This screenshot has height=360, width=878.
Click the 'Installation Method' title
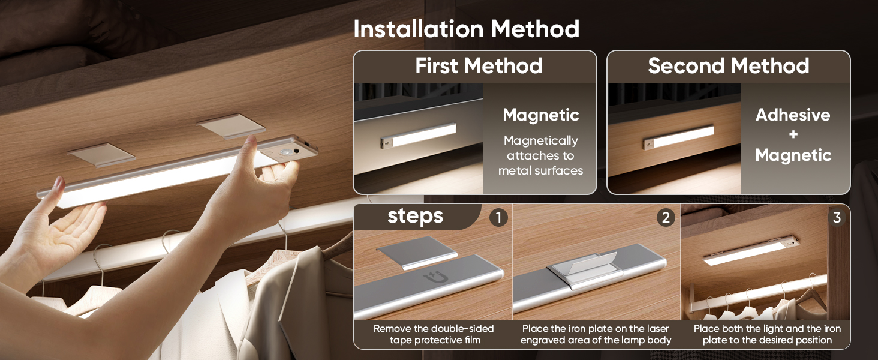pos(466,29)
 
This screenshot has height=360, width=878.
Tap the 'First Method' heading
pos(479,65)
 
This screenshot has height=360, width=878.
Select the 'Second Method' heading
pos(728,65)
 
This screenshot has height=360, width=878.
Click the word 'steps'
pos(415,217)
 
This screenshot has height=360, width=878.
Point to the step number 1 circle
pos(498,217)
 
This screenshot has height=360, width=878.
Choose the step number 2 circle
pos(666,217)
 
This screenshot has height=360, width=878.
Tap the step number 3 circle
pos(837,217)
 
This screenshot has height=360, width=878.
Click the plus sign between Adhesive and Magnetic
pos(793,134)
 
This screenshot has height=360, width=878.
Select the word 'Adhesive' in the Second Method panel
pos(793,115)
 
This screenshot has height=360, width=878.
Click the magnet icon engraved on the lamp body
pos(436,278)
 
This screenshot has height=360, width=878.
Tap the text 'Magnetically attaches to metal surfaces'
pos(540,155)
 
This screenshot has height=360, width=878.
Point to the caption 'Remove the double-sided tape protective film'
pos(434,334)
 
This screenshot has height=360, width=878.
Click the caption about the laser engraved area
pos(596,334)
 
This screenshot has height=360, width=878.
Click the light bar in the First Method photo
pos(418,136)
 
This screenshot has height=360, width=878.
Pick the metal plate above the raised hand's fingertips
pos(231,126)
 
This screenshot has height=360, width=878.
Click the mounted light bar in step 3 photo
pos(751,250)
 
